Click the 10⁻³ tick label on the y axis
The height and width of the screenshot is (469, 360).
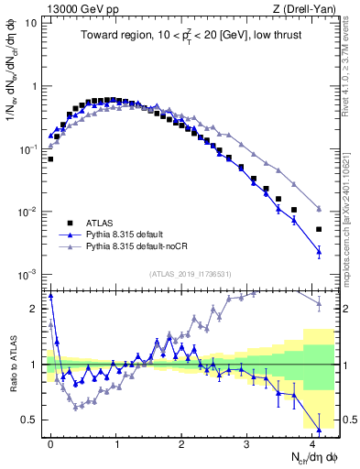(x=27, y=275)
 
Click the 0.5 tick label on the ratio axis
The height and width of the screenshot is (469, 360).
(x=28, y=420)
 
